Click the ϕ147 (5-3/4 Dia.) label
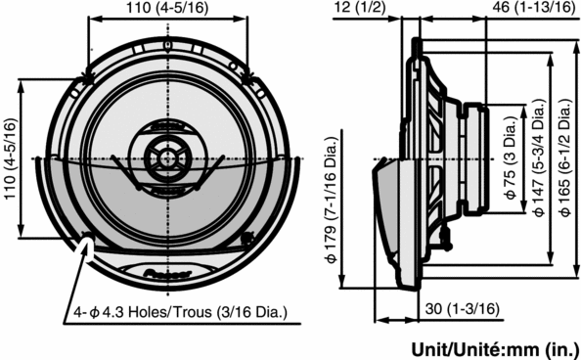(x=539, y=158)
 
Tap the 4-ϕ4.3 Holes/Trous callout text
(x=180, y=313)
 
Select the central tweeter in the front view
(x=165, y=157)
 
